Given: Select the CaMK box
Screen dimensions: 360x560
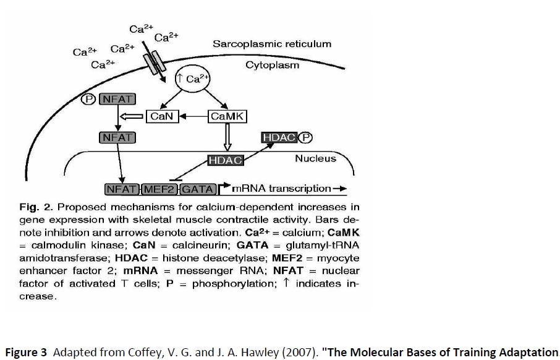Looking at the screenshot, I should (227, 116).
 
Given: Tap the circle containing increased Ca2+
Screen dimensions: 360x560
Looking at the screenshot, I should (193, 79).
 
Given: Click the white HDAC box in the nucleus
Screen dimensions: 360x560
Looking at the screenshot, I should (225, 160).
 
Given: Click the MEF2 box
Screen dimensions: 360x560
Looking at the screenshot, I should (160, 189).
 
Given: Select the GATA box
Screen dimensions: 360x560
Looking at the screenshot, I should (198, 189).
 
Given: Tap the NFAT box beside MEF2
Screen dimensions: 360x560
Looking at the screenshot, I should (122, 189).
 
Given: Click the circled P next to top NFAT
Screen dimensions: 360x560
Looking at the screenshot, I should (90, 98).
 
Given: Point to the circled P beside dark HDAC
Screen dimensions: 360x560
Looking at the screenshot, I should (306, 137).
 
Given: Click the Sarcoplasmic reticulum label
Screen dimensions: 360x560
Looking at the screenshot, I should (272, 44).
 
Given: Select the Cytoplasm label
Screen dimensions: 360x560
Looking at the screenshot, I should (272, 65).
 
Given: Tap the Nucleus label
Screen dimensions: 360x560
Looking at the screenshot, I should (315, 158).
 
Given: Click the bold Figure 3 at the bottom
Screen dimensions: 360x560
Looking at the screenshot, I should (26, 353).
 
